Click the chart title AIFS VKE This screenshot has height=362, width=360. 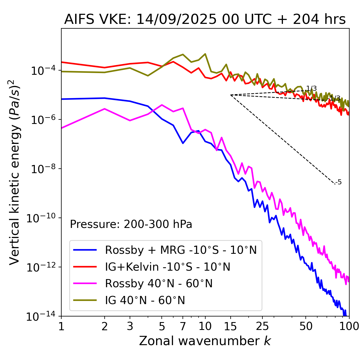pos(205,20)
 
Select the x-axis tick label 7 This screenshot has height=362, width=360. pos(183,326)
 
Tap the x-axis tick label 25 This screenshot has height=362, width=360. pos(262,326)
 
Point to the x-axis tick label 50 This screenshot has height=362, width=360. pos(306,326)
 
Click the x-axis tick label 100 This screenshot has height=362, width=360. pos(349,326)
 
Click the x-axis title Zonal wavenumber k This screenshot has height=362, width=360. pos(205,341)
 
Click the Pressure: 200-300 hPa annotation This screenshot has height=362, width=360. pos(131,224)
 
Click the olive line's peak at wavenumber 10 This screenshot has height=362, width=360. pos(205,54)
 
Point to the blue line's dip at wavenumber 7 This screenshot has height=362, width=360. pos(183,143)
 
